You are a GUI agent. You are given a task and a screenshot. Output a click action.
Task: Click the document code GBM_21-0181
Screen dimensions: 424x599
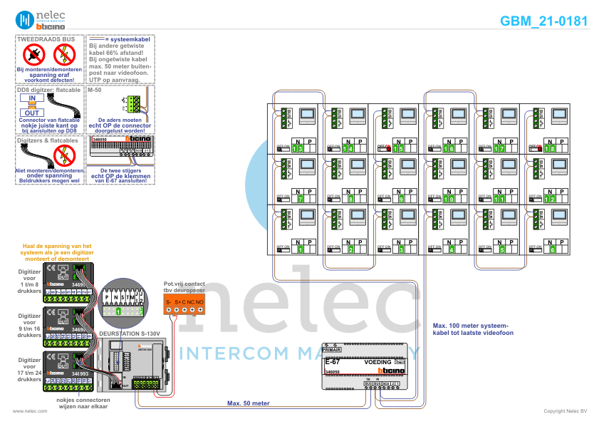coord(543,21)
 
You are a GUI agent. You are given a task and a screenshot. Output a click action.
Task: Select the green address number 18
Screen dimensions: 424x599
coord(550,148)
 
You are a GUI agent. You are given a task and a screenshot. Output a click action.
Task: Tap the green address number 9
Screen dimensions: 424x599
coord(401,200)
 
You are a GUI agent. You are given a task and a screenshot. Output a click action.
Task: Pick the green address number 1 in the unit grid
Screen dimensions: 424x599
coord(300,250)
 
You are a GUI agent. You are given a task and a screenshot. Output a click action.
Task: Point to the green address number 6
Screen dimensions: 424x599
coord(553,250)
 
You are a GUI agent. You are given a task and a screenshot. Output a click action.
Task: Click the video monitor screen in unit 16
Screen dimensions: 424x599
coord(459,114)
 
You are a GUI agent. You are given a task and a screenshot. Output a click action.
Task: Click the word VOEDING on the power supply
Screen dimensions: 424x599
coord(377,362)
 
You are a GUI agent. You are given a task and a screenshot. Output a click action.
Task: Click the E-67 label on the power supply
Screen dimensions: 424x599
coord(332,362)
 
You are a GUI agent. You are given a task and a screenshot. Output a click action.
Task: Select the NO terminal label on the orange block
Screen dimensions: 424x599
coord(200,303)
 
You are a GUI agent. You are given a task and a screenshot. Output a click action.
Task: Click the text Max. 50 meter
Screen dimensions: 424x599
coord(249,403)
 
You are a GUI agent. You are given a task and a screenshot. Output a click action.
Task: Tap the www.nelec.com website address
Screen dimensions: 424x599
coord(25,411)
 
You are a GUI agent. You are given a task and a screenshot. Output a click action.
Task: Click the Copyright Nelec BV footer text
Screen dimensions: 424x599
coord(566,411)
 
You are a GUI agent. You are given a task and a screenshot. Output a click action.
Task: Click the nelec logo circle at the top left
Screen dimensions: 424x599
coord(24,19)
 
